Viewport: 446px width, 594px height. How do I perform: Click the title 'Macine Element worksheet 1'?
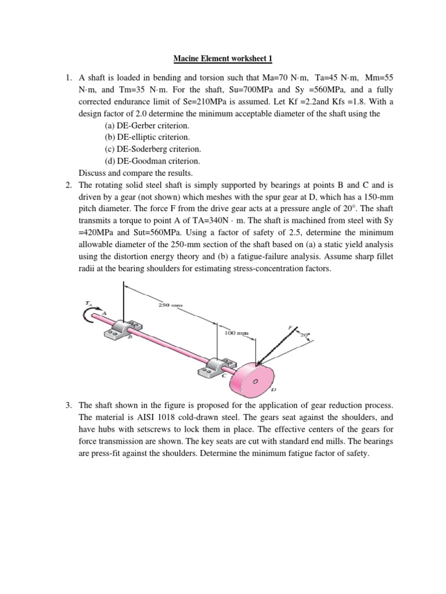pyautogui.click(x=223, y=59)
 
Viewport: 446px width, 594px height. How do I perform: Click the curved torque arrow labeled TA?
pyautogui.click(x=91, y=313)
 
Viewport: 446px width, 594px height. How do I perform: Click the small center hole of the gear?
pyautogui.click(x=255, y=382)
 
